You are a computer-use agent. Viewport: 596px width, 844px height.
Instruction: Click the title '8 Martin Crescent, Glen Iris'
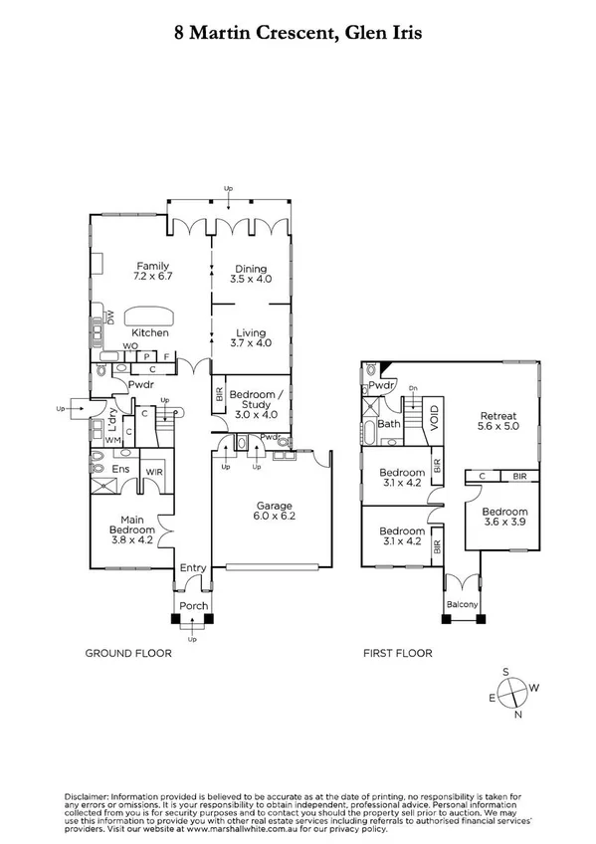point(298,33)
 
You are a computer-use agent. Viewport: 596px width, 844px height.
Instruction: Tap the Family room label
point(154,271)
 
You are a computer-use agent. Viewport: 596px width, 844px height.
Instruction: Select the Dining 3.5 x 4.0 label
point(250,274)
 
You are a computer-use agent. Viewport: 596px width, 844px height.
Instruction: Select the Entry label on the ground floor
point(192,568)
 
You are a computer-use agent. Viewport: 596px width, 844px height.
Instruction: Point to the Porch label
point(192,605)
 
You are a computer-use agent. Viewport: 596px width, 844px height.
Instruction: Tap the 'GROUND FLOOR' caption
point(128,654)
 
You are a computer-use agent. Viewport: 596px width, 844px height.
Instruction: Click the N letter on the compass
point(517,714)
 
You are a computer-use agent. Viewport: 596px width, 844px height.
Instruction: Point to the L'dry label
point(113,416)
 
